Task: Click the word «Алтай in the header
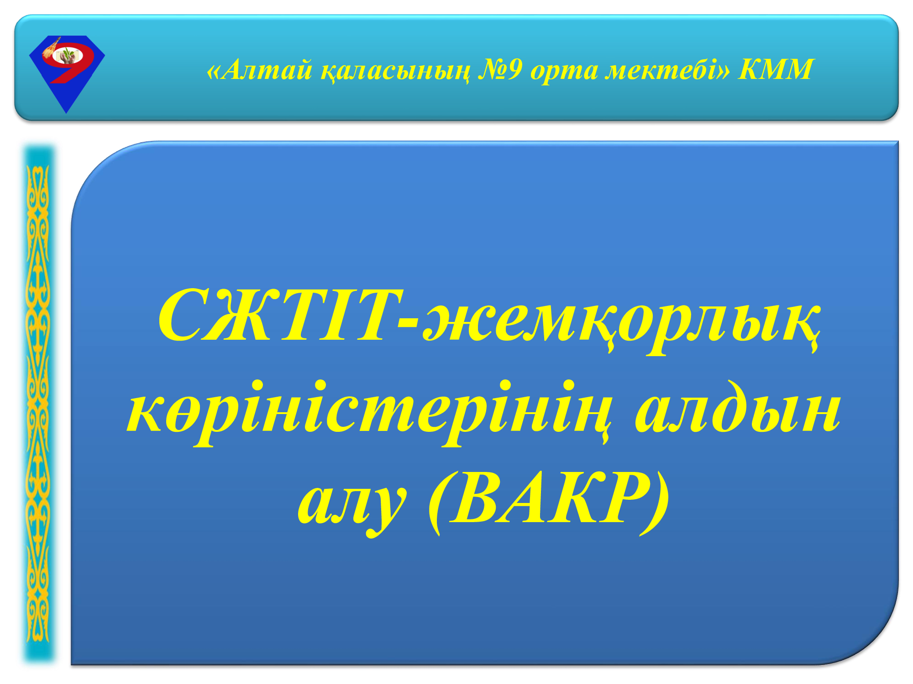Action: (x=259, y=70)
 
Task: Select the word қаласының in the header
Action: (x=395, y=71)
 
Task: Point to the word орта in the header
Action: (x=564, y=72)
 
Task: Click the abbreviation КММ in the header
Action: (x=776, y=69)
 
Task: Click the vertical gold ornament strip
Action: (x=39, y=404)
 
